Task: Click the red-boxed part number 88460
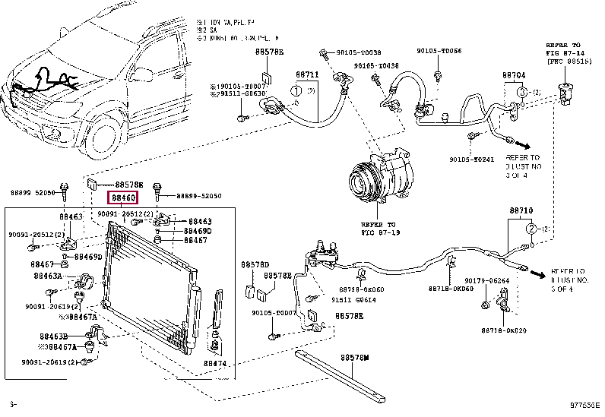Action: point(124,197)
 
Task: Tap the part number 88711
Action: point(307,75)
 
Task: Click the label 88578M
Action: point(354,356)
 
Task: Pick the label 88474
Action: point(215,364)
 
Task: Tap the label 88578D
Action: point(255,264)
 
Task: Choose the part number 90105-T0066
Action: point(439,50)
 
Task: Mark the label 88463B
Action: point(55,335)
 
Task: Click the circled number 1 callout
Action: point(293,92)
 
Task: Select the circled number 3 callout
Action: point(522,92)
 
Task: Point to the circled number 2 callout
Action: point(532,228)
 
